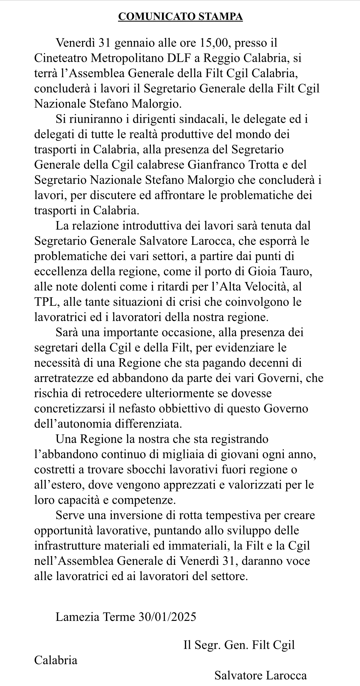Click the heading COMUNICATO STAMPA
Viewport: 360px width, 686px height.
(180, 17)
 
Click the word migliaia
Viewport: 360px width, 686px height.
(163, 454)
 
